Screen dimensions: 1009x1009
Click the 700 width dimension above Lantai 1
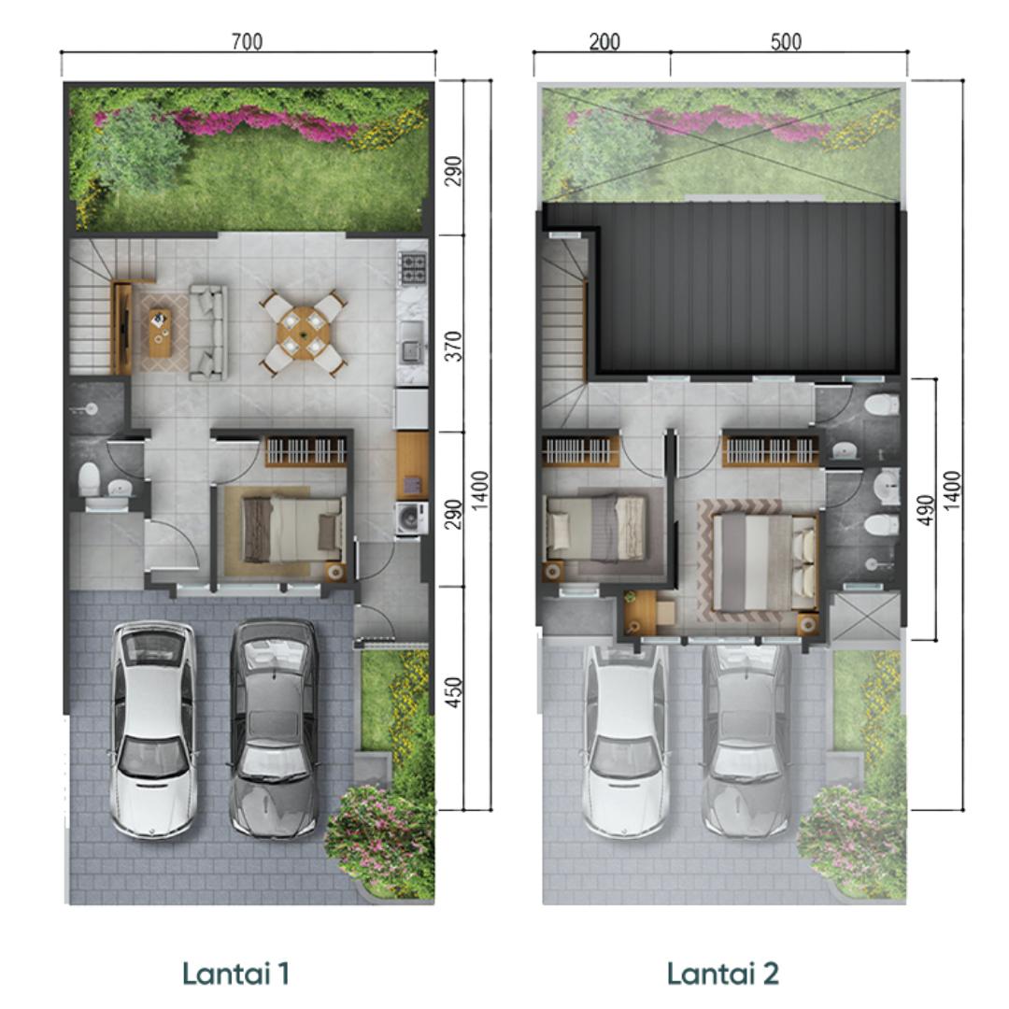(247, 42)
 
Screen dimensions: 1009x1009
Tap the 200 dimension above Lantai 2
(604, 42)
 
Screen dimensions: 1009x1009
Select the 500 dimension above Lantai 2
(786, 42)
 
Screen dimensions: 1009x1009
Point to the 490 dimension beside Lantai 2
(924, 510)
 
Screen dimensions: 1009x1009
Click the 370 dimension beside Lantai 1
(454, 347)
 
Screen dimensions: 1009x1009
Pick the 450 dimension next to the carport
(454, 692)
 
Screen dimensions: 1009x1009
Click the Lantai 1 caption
(235, 973)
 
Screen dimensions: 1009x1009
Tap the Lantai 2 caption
(722, 973)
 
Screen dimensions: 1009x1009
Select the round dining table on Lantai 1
(303, 334)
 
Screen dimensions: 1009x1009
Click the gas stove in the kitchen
(413, 269)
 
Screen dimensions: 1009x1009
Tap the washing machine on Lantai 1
(412, 518)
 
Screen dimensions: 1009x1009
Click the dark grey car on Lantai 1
(274, 728)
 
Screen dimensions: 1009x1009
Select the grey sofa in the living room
(207, 331)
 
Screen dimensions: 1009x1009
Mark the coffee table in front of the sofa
(161, 332)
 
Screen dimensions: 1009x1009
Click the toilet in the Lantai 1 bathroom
(89, 479)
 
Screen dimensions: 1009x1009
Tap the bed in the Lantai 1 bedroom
(292, 529)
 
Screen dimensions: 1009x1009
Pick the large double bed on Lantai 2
(765, 561)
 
